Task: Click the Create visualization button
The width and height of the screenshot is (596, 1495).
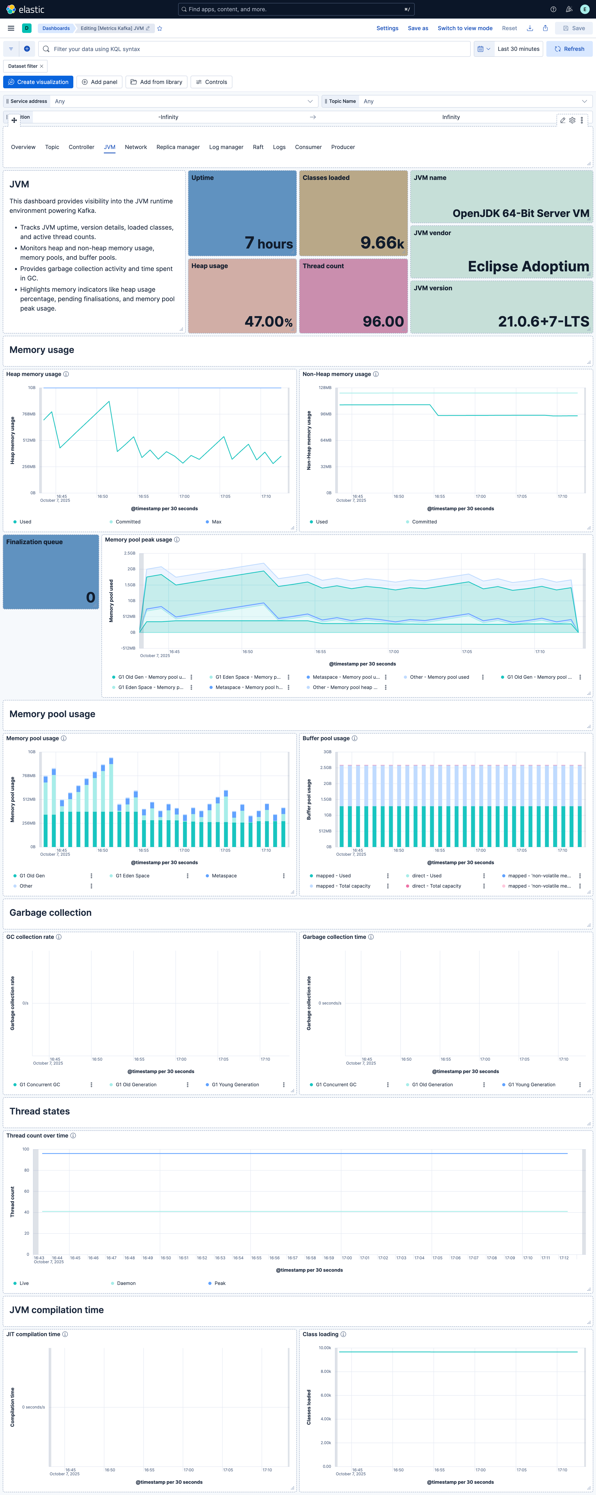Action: [38, 82]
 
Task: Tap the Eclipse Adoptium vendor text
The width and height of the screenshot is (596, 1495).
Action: [528, 266]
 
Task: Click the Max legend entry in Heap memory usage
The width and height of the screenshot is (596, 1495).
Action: [216, 522]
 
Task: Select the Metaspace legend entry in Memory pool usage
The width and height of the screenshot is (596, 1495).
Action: [224, 876]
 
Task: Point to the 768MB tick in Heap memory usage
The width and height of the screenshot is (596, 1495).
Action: [29, 414]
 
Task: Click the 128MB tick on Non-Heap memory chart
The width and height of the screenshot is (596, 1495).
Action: [325, 388]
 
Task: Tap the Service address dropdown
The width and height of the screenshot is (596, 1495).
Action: [183, 101]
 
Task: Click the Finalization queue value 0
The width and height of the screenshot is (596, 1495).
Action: [90, 597]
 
